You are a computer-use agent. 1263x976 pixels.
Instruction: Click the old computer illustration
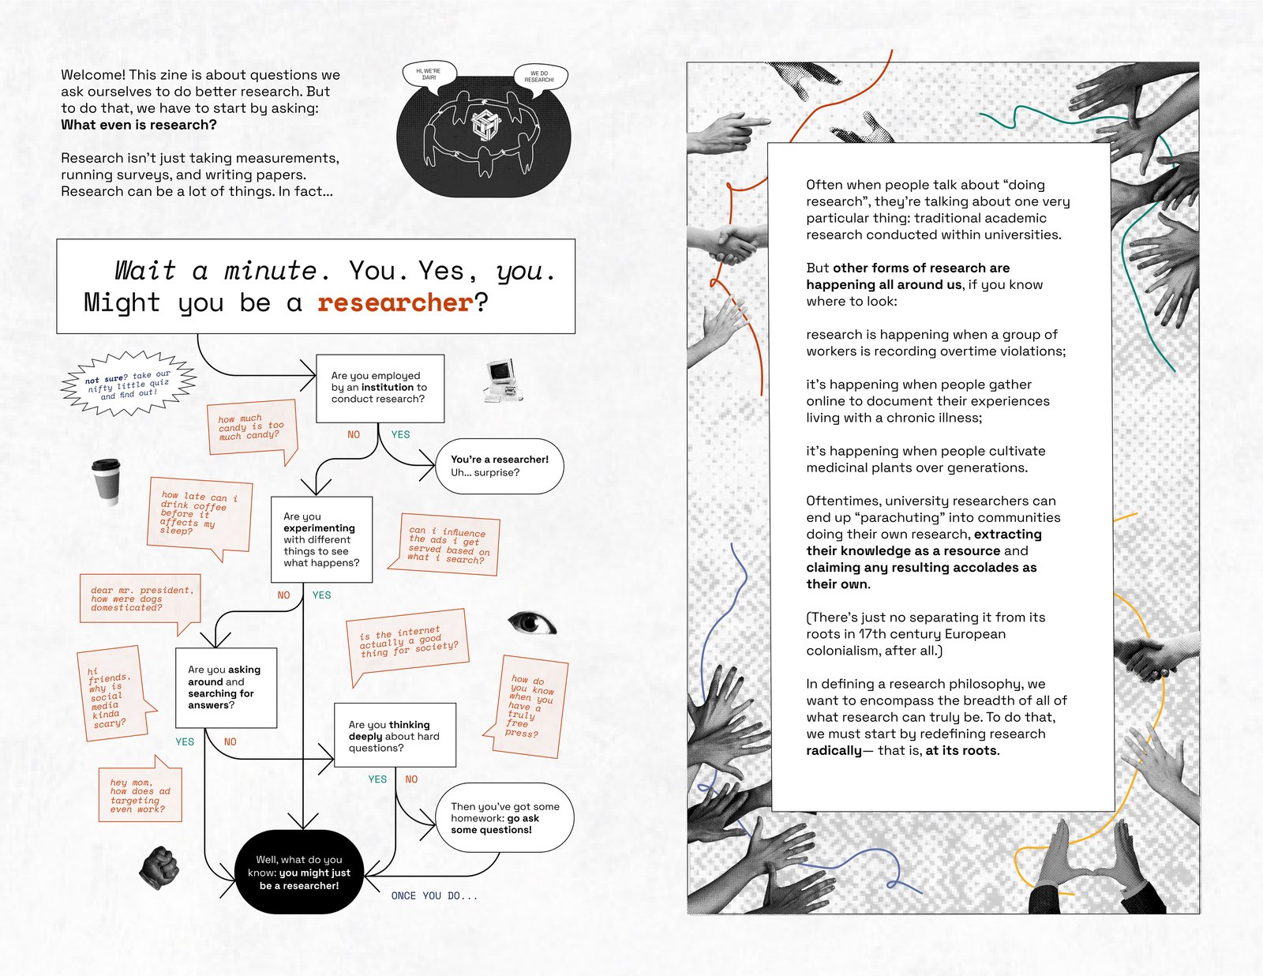(x=501, y=381)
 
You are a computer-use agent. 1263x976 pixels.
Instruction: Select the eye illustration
(x=532, y=623)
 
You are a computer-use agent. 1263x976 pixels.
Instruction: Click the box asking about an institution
(x=380, y=388)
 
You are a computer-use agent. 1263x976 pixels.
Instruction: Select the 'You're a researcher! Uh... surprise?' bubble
(x=500, y=466)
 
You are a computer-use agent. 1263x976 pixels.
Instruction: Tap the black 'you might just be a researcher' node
(x=299, y=873)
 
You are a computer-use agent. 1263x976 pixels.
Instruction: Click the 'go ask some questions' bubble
(x=504, y=818)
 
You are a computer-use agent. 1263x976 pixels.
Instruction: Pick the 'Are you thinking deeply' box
(x=395, y=736)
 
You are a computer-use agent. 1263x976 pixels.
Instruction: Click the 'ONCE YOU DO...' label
(x=434, y=895)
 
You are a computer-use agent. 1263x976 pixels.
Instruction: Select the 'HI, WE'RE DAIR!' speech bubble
(x=429, y=74)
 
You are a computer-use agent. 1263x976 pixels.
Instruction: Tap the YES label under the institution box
(x=400, y=434)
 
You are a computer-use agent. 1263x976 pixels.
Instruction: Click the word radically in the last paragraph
(x=834, y=750)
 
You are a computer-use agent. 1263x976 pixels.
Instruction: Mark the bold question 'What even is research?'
(x=139, y=125)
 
